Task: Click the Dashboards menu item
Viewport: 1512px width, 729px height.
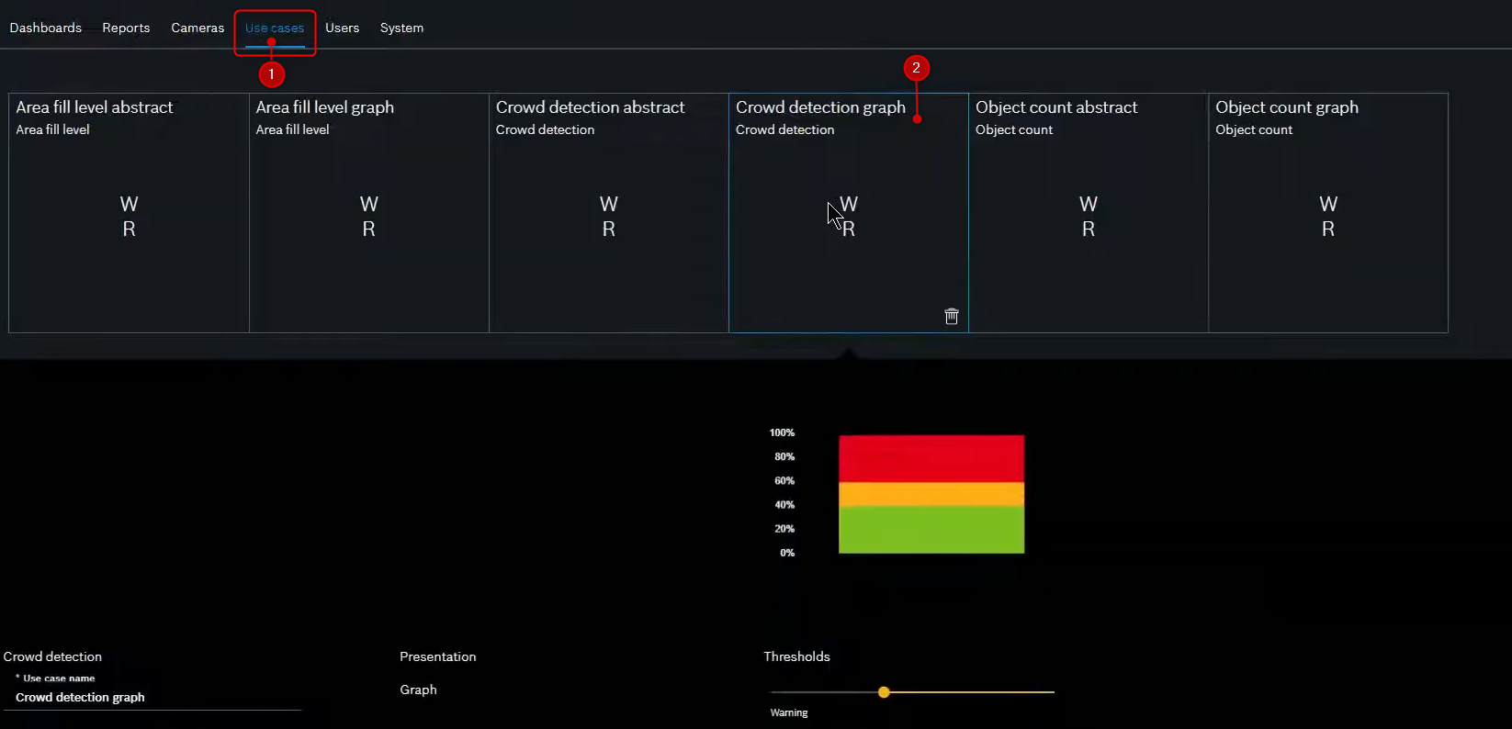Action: pyautogui.click(x=46, y=28)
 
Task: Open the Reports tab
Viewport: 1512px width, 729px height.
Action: pyautogui.click(x=126, y=28)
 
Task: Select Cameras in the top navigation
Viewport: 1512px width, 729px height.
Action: pyautogui.click(x=197, y=28)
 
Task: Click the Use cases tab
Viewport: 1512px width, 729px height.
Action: pyautogui.click(x=275, y=28)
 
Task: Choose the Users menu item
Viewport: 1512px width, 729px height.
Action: pyautogui.click(x=342, y=28)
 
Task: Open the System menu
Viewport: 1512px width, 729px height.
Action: pyautogui.click(x=401, y=28)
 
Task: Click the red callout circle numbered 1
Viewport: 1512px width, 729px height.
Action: pyautogui.click(x=271, y=74)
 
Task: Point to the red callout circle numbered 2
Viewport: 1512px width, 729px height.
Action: pyautogui.click(x=916, y=68)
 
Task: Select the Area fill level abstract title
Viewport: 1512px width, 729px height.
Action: pyautogui.click(x=95, y=107)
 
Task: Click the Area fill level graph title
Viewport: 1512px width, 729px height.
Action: pyautogui.click(x=324, y=107)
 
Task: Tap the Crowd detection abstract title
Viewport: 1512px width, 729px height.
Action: pyautogui.click(x=590, y=107)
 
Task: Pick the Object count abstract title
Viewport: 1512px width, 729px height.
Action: pyautogui.click(x=1056, y=107)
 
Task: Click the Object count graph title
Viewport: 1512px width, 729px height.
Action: pyautogui.click(x=1286, y=107)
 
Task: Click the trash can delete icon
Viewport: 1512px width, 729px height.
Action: pyautogui.click(x=952, y=316)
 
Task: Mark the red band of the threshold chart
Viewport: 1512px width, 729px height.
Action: pyautogui.click(x=931, y=458)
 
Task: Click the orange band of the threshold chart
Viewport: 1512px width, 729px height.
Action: pyautogui.click(x=931, y=494)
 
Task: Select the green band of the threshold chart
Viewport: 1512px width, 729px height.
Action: pyautogui.click(x=931, y=530)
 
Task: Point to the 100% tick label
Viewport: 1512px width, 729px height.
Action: pyautogui.click(x=782, y=432)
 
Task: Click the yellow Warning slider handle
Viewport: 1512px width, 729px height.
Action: pyautogui.click(x=884, y=692)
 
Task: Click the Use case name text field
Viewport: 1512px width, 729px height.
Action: pyautogui.click(x=152, y=698)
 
